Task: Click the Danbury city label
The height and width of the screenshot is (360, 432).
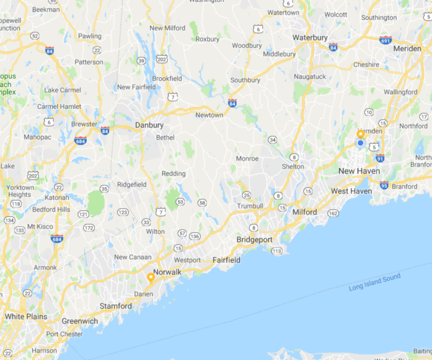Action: pos(149,125)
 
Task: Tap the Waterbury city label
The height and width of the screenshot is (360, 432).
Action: pos(310,37)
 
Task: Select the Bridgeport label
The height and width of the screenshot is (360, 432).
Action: pos(255,240)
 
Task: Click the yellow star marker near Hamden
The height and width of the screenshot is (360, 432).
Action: pos(361,134)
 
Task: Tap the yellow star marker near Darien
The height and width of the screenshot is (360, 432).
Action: pos(151,277)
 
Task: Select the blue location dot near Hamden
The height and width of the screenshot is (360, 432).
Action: pos(361,143)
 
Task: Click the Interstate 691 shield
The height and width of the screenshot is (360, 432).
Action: pos(386,40)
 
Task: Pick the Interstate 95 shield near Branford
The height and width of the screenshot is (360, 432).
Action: pos(384,185)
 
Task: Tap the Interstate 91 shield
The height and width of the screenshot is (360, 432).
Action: pos(380,158)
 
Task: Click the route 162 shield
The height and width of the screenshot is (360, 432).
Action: pos(333,214)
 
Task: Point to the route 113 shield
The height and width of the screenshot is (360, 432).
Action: pos(277,250)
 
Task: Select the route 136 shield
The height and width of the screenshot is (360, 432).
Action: pos(195,236)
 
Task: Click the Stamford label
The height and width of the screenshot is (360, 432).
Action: pos(116,306)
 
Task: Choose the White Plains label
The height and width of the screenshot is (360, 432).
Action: pos(26,316)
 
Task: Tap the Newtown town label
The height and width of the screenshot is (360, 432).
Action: pos(209,115)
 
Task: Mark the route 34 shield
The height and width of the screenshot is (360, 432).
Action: pos(272,139)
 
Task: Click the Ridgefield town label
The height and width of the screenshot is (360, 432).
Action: pos(132,184)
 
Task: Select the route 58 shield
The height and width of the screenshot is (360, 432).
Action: pos(202,202)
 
